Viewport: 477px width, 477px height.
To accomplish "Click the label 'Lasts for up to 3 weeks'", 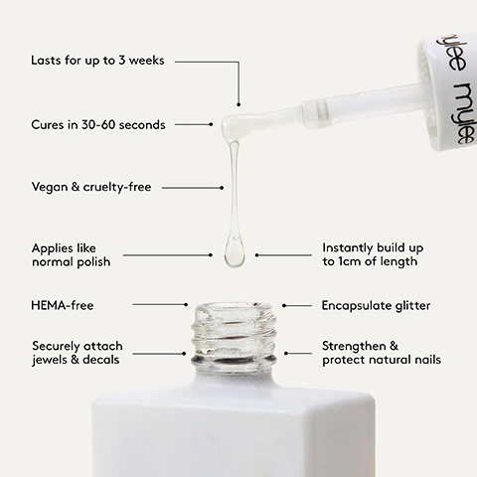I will coord(97,62).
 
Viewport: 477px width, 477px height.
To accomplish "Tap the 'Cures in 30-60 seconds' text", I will coord(97,124).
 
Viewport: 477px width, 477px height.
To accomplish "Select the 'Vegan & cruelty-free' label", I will coord(90,187).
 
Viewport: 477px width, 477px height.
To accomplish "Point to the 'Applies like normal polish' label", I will coord(71,254).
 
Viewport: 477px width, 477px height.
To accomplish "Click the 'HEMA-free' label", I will coord(63,305).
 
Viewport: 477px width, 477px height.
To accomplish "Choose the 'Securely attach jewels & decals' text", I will coord(77,352).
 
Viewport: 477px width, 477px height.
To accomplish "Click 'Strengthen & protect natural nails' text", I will coord(381,352).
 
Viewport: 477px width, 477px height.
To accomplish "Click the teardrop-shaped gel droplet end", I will coord(234,253).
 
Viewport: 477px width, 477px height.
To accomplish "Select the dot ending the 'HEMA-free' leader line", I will coord(186,305).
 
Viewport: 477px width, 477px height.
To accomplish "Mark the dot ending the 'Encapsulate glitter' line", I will coord(284,305).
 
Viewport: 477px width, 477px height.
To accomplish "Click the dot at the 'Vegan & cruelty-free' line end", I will coord(222,187).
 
